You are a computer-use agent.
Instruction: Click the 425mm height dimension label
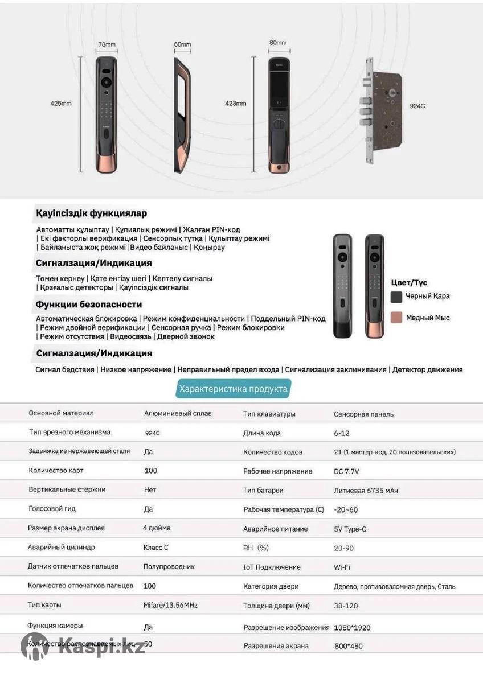click(60, 104)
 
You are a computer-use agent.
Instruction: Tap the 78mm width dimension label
click(107, 44)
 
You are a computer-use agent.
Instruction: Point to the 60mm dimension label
click(182, 44)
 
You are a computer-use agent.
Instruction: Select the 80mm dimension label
click(277, 43)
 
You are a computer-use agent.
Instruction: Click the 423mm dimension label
click(235, 104)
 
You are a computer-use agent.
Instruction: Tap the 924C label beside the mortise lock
click(417, 106)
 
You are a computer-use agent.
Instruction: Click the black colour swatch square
click(396, 297)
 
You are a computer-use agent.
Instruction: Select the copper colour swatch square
click(396, 318)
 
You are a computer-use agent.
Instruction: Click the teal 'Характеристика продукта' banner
click(233, 389)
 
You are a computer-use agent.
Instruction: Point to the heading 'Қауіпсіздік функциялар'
click(91, 213)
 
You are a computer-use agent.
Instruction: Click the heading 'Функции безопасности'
click(89, 305)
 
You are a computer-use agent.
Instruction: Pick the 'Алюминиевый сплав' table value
click(177, 413)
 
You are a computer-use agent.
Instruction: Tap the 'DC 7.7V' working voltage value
click(346, 471)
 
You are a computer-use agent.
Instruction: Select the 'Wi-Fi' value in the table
click(342, 567)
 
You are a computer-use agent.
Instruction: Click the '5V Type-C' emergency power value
click(350, 529)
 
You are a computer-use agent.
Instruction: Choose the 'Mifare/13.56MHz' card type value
click(170, 605)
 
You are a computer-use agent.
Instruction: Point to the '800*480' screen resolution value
click(349, 646)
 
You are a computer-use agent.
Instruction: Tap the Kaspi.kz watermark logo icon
click(35, 647)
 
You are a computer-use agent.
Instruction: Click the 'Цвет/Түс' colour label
click(409, 282)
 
